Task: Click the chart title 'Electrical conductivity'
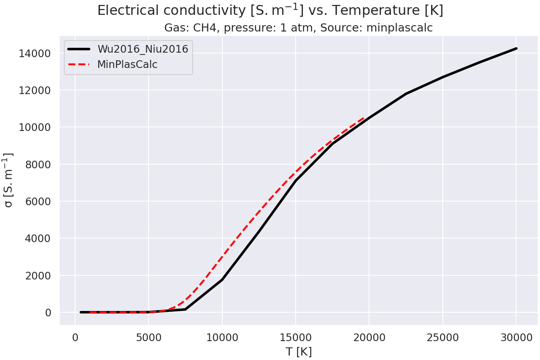click(x=270, y=10)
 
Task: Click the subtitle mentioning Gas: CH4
click(x=298, y=28)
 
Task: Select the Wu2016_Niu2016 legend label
click(x=143, y=49)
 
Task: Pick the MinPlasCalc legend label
click(x=127, y=64)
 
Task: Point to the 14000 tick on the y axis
click(x=38, y=54)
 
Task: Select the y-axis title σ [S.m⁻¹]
click(x=9, y=180)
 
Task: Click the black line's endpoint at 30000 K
click(x=516, y=48)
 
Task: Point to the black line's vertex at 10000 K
click(x=222, y=280)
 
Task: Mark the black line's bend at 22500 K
click(x=406, y=94)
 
